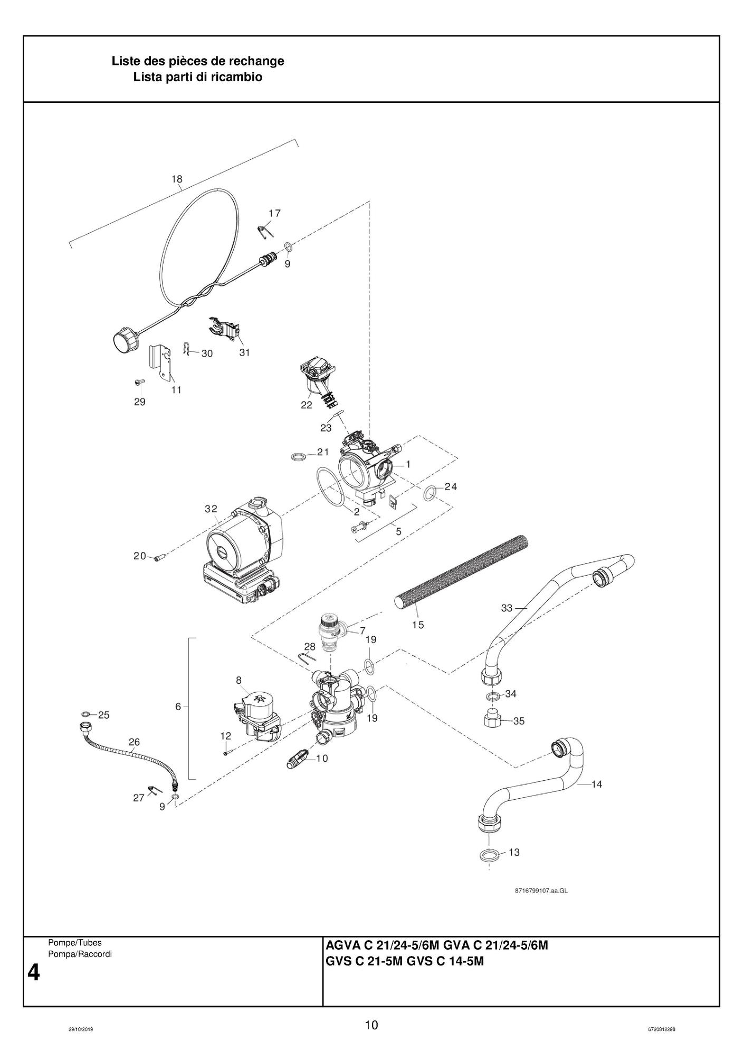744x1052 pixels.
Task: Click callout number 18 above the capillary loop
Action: [x=177, y=179]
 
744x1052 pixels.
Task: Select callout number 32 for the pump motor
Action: [x=211, y=509]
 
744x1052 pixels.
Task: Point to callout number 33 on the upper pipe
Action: [x=507, y=608]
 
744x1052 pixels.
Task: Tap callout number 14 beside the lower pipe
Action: [x=596, y=785]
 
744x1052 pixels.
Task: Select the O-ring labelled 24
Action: [x=430, y=493]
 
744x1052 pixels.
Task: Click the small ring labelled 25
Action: [x=86, y=714]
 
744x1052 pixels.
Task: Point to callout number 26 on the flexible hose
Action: [x=134, y=742]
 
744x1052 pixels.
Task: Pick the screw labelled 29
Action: [x=139, y=381]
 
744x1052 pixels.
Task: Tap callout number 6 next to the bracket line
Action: [x=178, y=706]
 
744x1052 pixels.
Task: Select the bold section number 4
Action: [x=33, y=972]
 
